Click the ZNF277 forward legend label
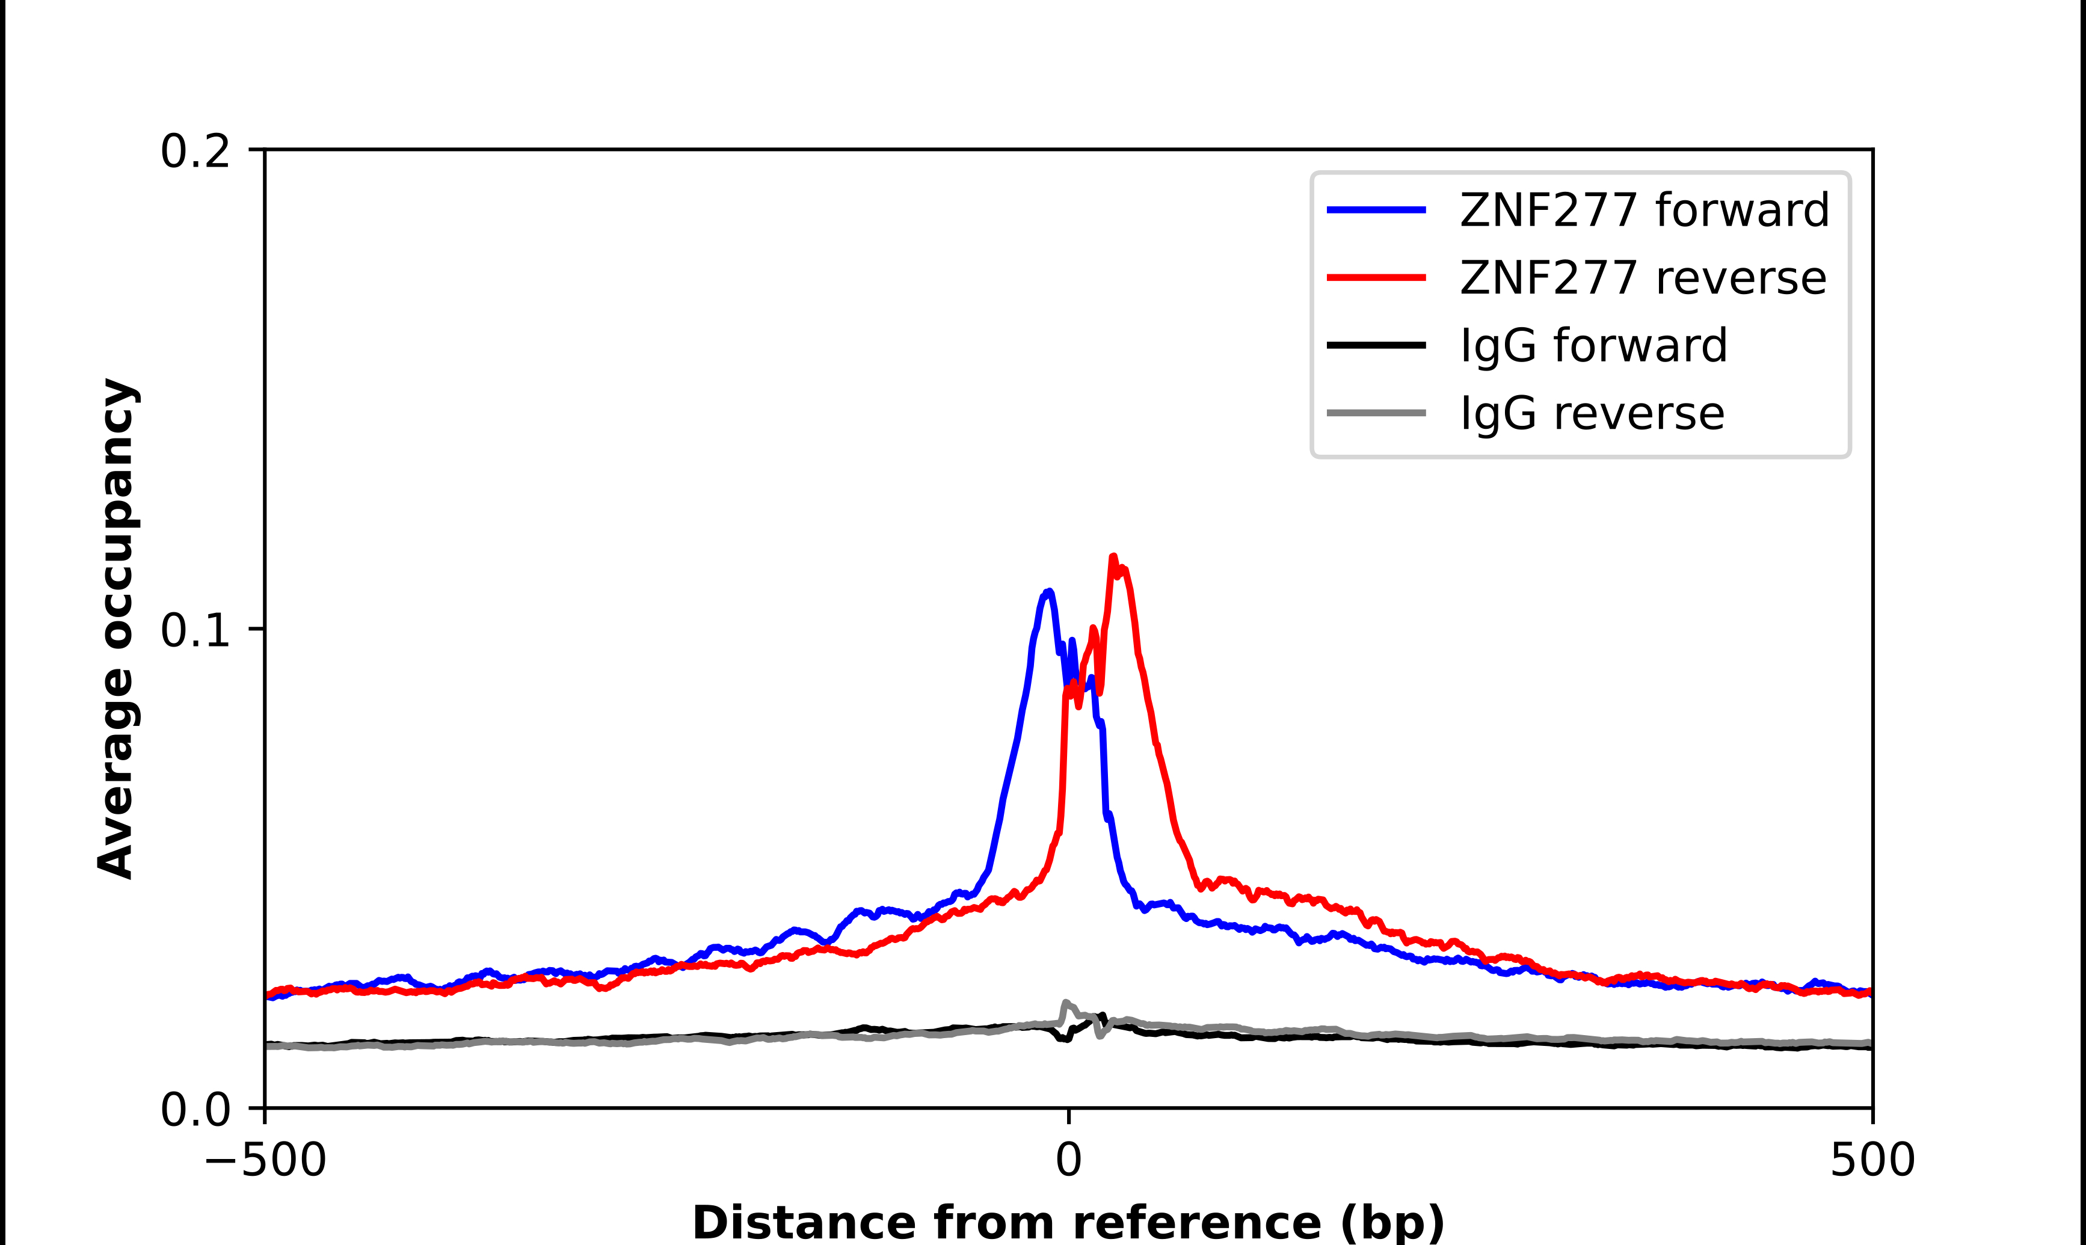tap(1644, 210)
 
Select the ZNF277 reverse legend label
tap(1642, 278)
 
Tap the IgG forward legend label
tap(1593, 346)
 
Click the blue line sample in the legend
tap(1376, 210)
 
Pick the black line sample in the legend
tap(1376, 345)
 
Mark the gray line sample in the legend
tap(1376, 413)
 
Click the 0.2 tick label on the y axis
tap(195, 152)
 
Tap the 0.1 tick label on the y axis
tap(195, 630)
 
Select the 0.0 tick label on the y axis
tap(195, 1110)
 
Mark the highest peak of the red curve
tap(1113, 556)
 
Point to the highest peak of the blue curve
tap(1049, 591)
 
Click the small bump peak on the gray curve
tap(1066, 1003)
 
